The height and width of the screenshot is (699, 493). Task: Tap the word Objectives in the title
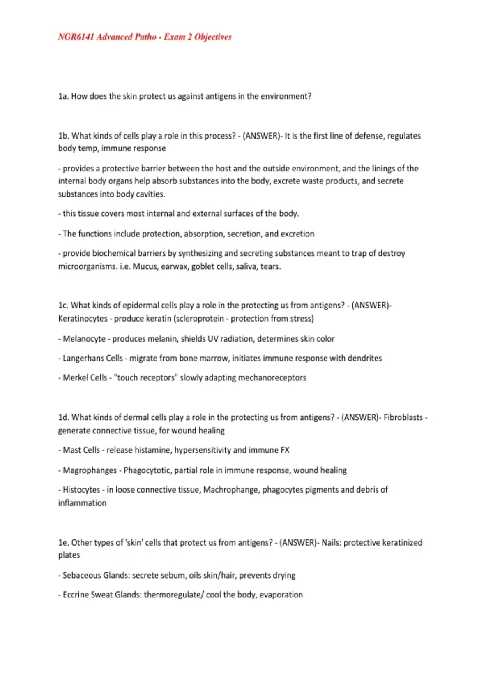point(213,37)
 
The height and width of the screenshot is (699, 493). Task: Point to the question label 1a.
point(63,96)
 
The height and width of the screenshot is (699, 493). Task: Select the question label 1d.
point(63,417)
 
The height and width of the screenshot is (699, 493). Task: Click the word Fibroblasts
point(403,417)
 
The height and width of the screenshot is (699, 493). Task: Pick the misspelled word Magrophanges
point(90,470)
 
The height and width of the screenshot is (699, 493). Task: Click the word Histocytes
point(81,490)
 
